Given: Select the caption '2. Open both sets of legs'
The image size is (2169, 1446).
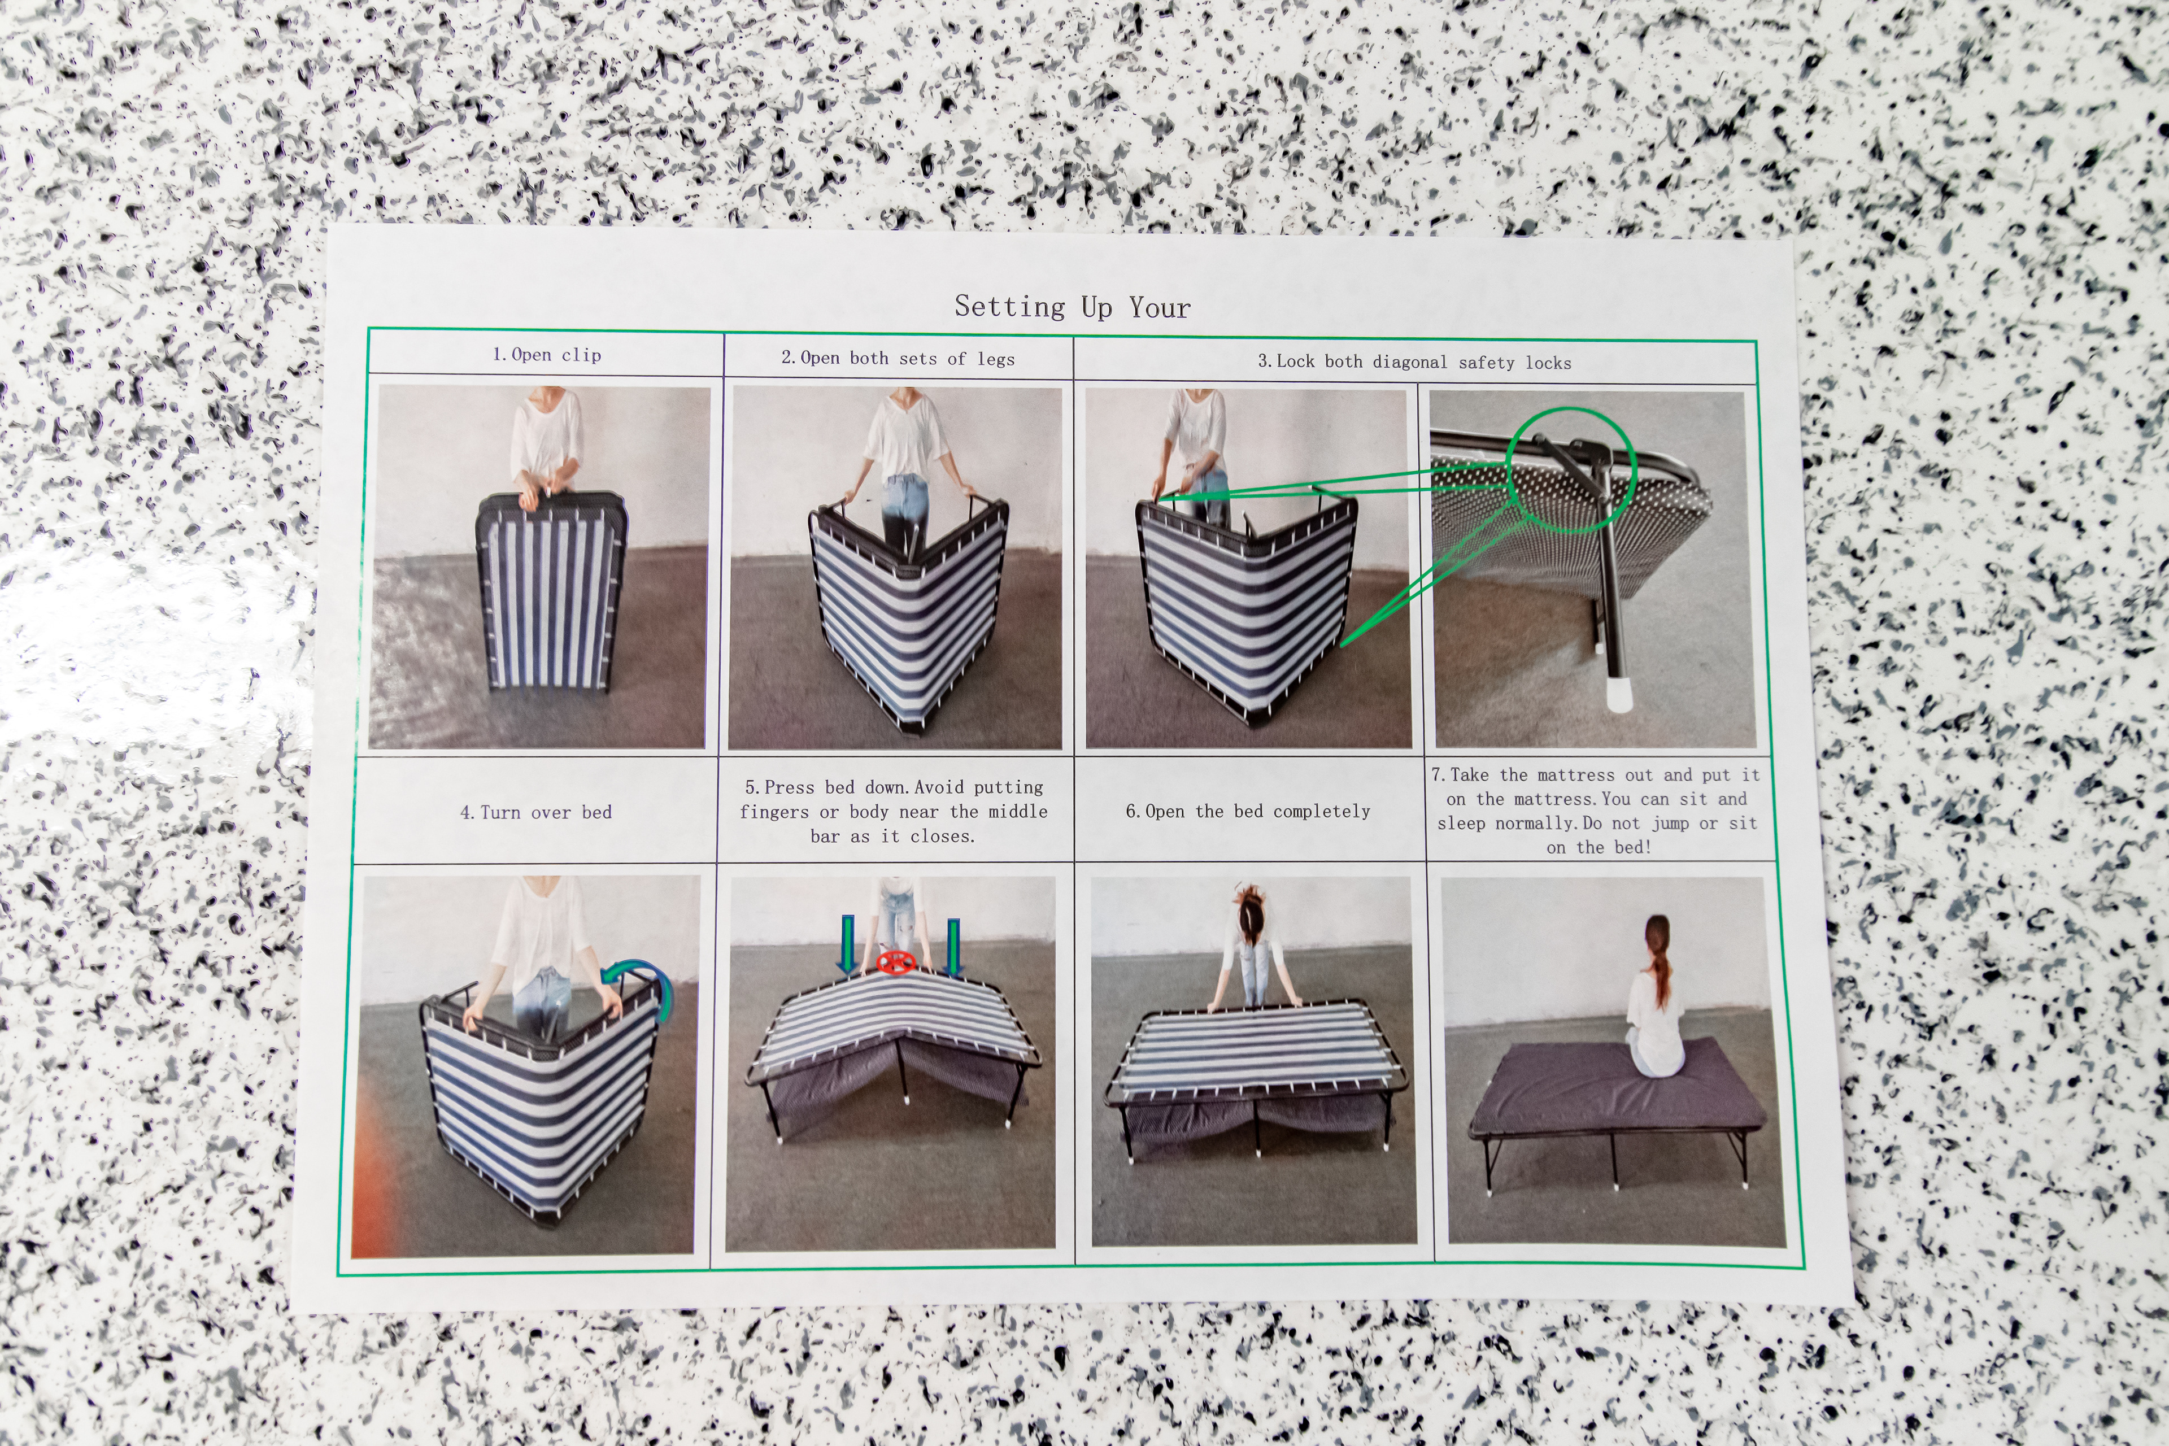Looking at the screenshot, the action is click(x=898, y=358).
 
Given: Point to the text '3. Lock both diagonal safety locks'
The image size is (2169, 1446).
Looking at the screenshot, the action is click(x=1414, y=361).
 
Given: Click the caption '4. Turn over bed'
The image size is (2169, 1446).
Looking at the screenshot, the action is click(x=536, y=812).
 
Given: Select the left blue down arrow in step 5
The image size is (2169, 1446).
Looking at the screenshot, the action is click(x=847, y=944).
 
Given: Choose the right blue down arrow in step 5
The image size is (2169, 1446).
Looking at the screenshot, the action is click(x=953, y=946).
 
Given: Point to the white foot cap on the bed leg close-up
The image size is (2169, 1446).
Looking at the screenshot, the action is click(x=1618, y=694).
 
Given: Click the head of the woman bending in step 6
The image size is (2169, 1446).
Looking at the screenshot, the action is click(x=1251, y=908).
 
